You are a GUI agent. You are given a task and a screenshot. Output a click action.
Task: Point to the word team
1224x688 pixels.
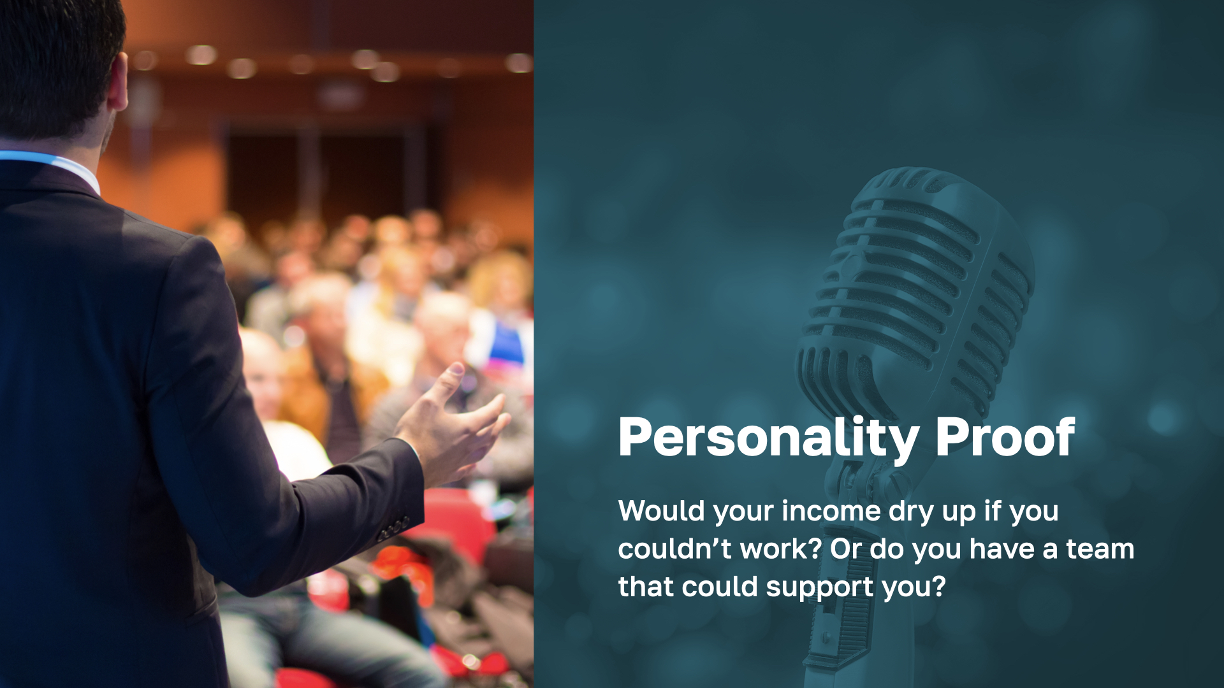[x=1100, y=549]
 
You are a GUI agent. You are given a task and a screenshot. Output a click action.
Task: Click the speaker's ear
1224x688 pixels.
[x=119, y=81]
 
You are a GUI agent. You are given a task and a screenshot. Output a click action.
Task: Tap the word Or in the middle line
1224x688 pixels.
[x=845, y=548]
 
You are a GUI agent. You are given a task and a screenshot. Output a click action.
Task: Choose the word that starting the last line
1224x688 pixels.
[x=645, y=587]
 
